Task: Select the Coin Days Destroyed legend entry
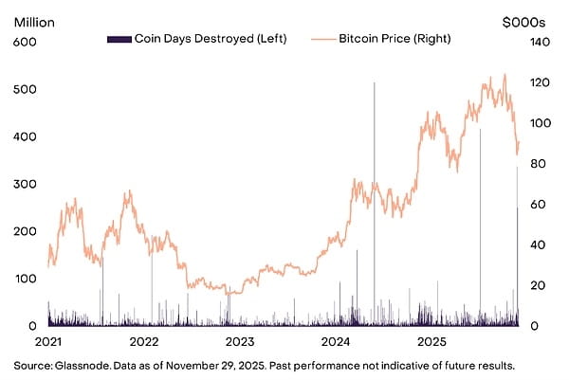[x=196, y=39]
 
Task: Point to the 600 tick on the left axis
[x=25, y=41]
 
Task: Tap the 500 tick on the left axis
[x=25, y=89]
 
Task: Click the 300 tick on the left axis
[x=25, y=184]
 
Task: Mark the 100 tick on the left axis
[x=25, y=279]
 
